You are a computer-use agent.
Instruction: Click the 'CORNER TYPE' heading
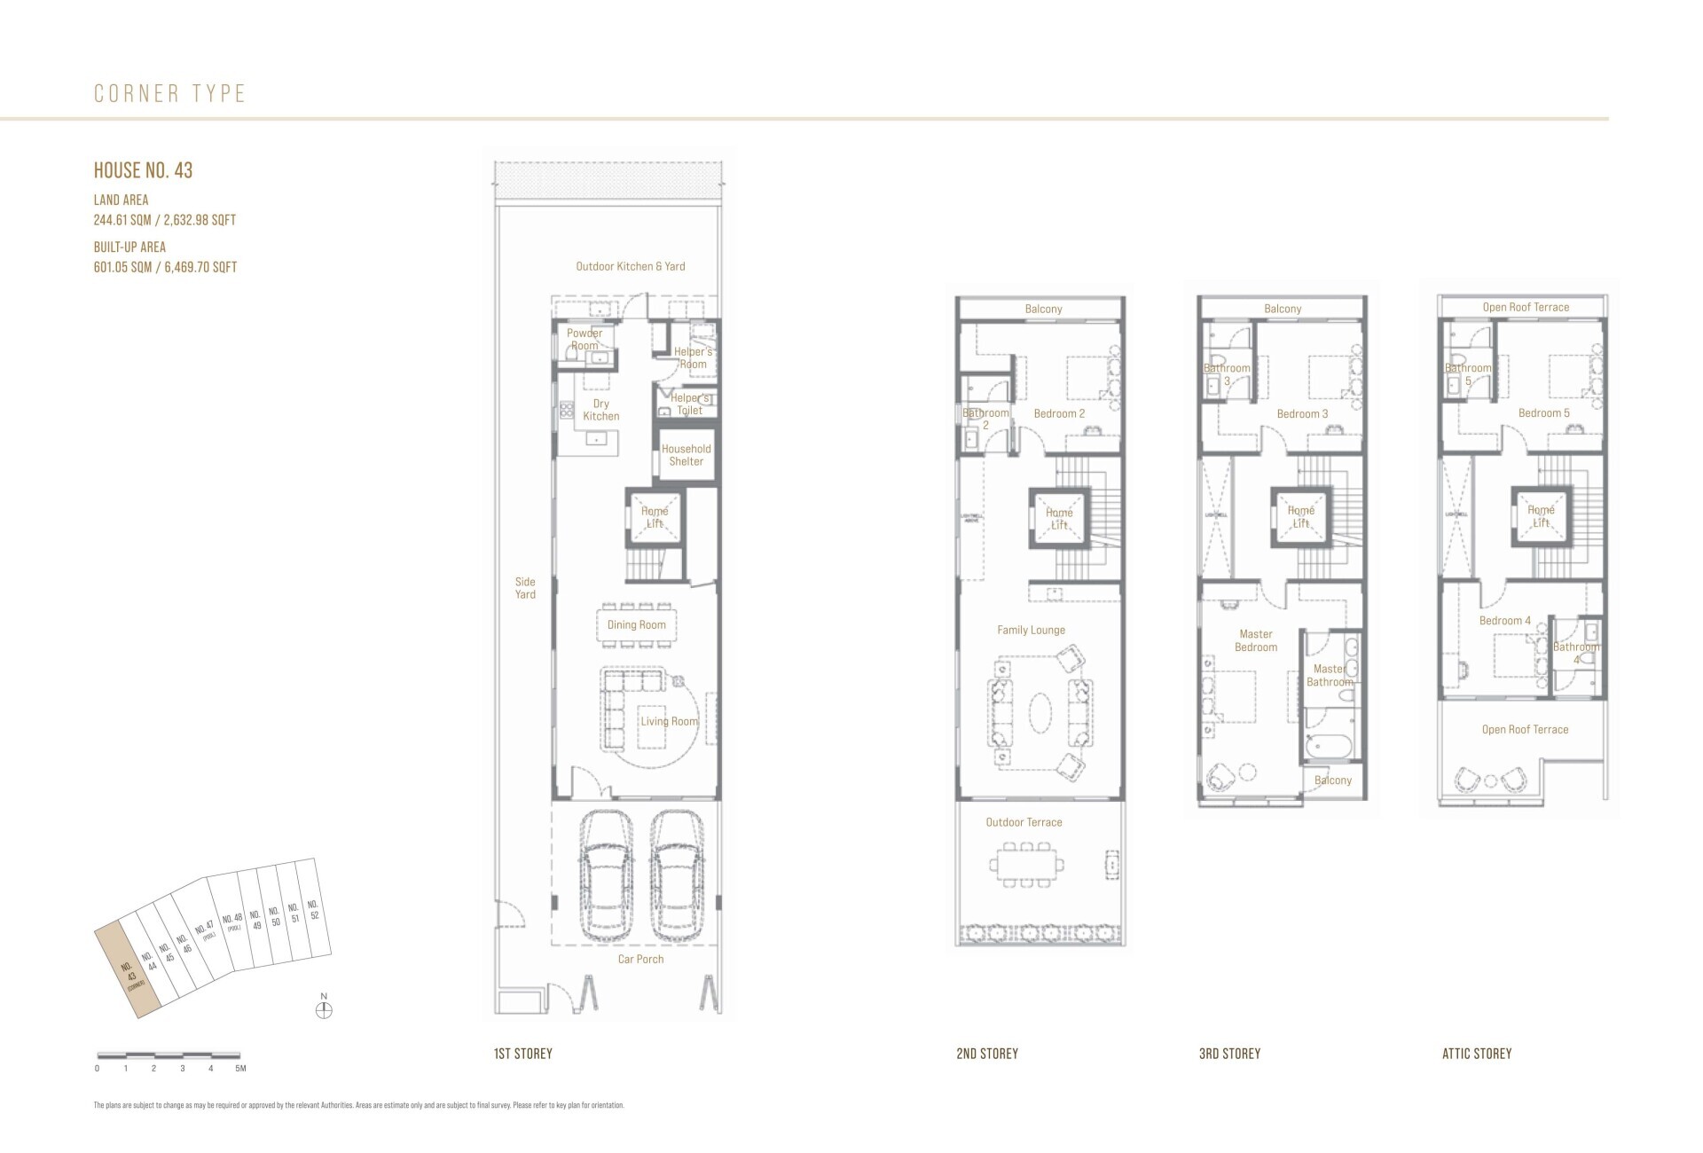[x=169, y=93]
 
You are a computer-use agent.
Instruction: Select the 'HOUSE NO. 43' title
[x=143, y=170]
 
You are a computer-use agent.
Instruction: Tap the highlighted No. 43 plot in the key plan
[x=129, y=969]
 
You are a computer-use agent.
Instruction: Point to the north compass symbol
[x=325, y=1009]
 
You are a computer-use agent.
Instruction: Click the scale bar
[x=169, y=1055]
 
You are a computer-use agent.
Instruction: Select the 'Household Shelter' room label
[x=686, y=455]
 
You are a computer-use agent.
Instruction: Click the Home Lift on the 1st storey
[x=655, y=517]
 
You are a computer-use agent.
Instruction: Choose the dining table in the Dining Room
[x=636, y=624]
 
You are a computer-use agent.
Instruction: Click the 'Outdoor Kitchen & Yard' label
[x=630, y=266]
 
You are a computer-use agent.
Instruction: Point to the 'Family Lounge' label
[x=1031, y=630]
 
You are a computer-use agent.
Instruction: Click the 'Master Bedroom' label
[x=1256, y=640]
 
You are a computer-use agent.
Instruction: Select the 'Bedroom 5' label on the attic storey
[x=1543, y=413]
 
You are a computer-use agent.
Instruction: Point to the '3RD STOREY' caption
[x=1229, y=1054]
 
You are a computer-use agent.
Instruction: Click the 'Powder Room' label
[x=585, y=340]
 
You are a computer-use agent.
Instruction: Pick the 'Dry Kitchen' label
[x=600, y=410]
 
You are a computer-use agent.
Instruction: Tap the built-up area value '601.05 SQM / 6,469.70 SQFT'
[x=165, y=267]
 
